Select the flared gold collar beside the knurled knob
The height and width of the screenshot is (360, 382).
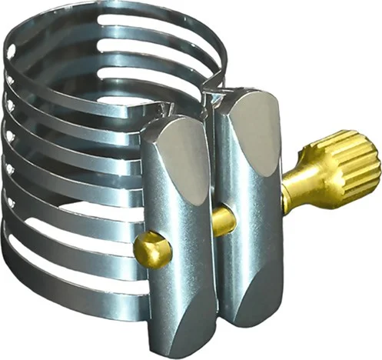(x=297, y=188)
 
